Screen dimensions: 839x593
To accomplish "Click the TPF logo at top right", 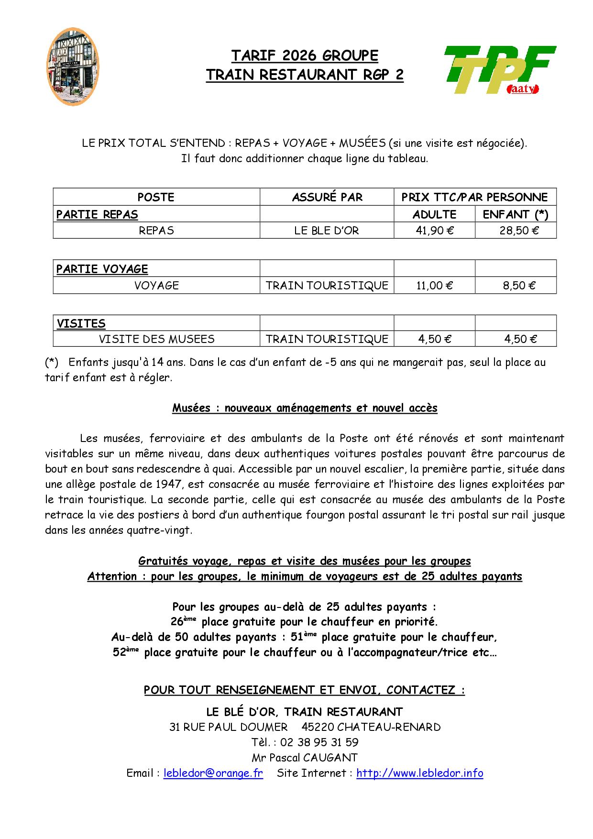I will [x=499, y=70].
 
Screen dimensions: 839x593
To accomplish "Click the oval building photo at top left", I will [x=74, y=66].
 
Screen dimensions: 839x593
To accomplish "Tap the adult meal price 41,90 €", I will [x=435, y=231].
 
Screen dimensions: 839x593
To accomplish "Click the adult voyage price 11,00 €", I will [x=435, y=286].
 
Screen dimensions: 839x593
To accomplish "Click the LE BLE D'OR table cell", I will [x=327, y=231].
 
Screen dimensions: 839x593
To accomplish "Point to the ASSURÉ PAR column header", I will [x=327, y=197].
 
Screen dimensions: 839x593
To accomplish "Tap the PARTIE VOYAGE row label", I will [x=102, y=269].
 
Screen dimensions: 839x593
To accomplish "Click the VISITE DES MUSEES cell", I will [x=156, y=339].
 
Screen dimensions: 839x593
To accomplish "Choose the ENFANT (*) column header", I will [x=516, y=214].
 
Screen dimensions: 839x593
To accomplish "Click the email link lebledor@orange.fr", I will [x=213, y=773].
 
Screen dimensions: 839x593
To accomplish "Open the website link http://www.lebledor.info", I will [x=419, y=773].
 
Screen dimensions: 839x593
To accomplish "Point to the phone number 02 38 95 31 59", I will [x=319, y=742].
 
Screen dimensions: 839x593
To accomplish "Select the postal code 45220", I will [x=317, y=727].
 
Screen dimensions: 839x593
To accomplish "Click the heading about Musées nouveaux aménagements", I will [x=305, y=408].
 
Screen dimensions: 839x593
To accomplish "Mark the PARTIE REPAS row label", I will [x=97, y=214].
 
